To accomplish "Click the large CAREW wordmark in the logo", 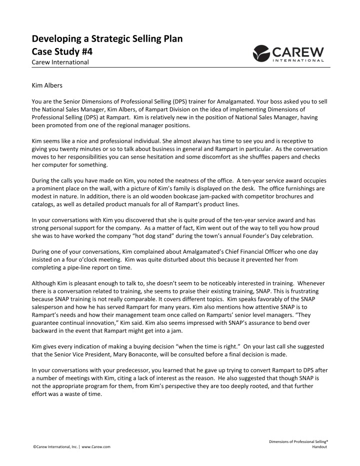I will [298, 52].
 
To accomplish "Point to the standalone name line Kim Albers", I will [47, 86].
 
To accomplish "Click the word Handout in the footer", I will [318, 446].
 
